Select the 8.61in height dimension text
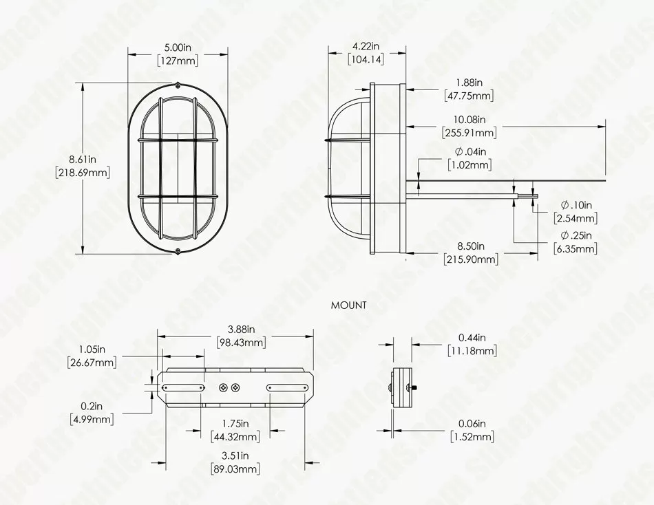tap(83, 159)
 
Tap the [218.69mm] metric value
tap(83, 172)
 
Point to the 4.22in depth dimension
tap(366, 45)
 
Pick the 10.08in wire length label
tap(470, 119)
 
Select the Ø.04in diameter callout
tap(470, 151)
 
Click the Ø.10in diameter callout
tap(576, 205)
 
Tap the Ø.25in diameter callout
tap(576, 235)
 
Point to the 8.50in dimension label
tap(470, 246)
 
